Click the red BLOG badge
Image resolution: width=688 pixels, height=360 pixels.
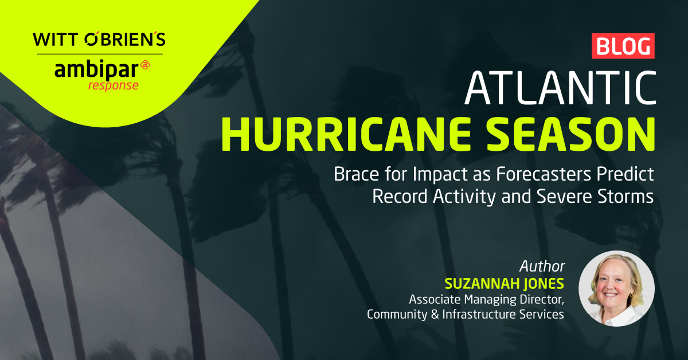coord(623,46)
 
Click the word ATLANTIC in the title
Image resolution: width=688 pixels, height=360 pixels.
coord(560,89)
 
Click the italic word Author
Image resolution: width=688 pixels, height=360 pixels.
coord(542,267)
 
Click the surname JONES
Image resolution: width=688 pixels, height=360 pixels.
coord(545,283)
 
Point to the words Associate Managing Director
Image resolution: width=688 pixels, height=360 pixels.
coord(487,299)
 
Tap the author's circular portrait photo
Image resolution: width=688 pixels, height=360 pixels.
coord(616,288)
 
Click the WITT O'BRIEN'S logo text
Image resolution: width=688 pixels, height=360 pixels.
coord(99,40)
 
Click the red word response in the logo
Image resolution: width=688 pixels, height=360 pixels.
coord(113,85)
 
